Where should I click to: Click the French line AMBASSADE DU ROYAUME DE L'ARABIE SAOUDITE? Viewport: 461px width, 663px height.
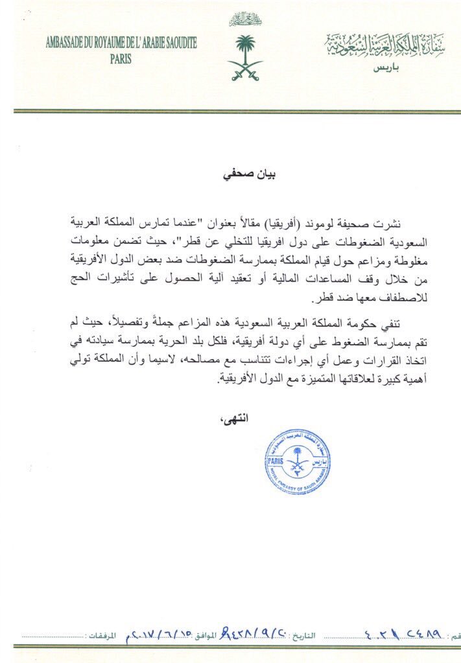click(x=121, y=43)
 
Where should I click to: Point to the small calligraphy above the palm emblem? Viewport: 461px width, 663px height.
click(x=245, y=19)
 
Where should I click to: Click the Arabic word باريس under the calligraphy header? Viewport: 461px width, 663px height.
click(x=388, y=67)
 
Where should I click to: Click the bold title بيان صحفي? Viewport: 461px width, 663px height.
click(x=241, y=173)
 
